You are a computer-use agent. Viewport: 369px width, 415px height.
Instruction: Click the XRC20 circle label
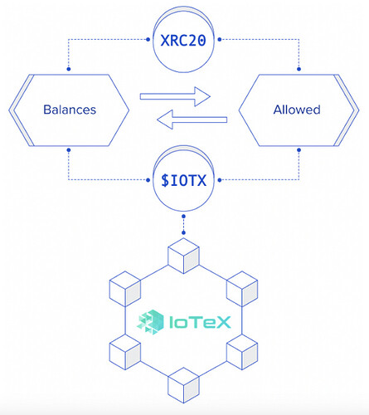tap(183, 41)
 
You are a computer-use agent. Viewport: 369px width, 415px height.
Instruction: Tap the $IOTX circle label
tap(184, 181)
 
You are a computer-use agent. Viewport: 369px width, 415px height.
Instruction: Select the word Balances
tap(70, 110)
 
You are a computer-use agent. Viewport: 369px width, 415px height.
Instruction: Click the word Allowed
tap(297, 110)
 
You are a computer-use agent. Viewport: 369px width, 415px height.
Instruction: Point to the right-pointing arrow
tap(175, 96)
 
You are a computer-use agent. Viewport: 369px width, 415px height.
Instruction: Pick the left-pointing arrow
tap(192, 120)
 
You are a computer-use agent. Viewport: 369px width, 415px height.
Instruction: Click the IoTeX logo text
tap(200, 322)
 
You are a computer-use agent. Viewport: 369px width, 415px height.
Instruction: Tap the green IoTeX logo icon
tap(150, 322)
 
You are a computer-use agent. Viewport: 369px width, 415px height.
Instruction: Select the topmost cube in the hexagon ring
tap(183, 256)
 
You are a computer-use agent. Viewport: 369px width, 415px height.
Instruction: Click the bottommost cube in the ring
tap(183, 385)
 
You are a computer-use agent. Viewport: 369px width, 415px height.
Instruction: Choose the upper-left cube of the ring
tap(125, 289)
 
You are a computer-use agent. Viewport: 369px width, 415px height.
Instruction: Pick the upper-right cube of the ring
tap(242, 289)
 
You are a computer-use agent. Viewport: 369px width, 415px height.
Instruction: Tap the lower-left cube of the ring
tap(125, 352)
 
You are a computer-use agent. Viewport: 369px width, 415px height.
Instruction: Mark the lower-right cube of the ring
tap(242, 352)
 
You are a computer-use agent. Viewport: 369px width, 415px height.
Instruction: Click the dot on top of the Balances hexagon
tap(69, 69)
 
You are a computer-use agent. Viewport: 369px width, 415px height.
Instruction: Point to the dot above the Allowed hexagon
tap(299, 69)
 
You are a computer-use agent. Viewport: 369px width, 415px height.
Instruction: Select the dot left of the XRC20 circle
tap(148, 40)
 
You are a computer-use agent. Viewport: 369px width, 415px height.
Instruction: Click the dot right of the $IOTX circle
tap(220, 180)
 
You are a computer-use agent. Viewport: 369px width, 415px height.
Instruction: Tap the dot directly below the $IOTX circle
tap(183, 217)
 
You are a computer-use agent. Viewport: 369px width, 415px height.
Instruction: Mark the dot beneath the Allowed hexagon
tap(299, 150)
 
